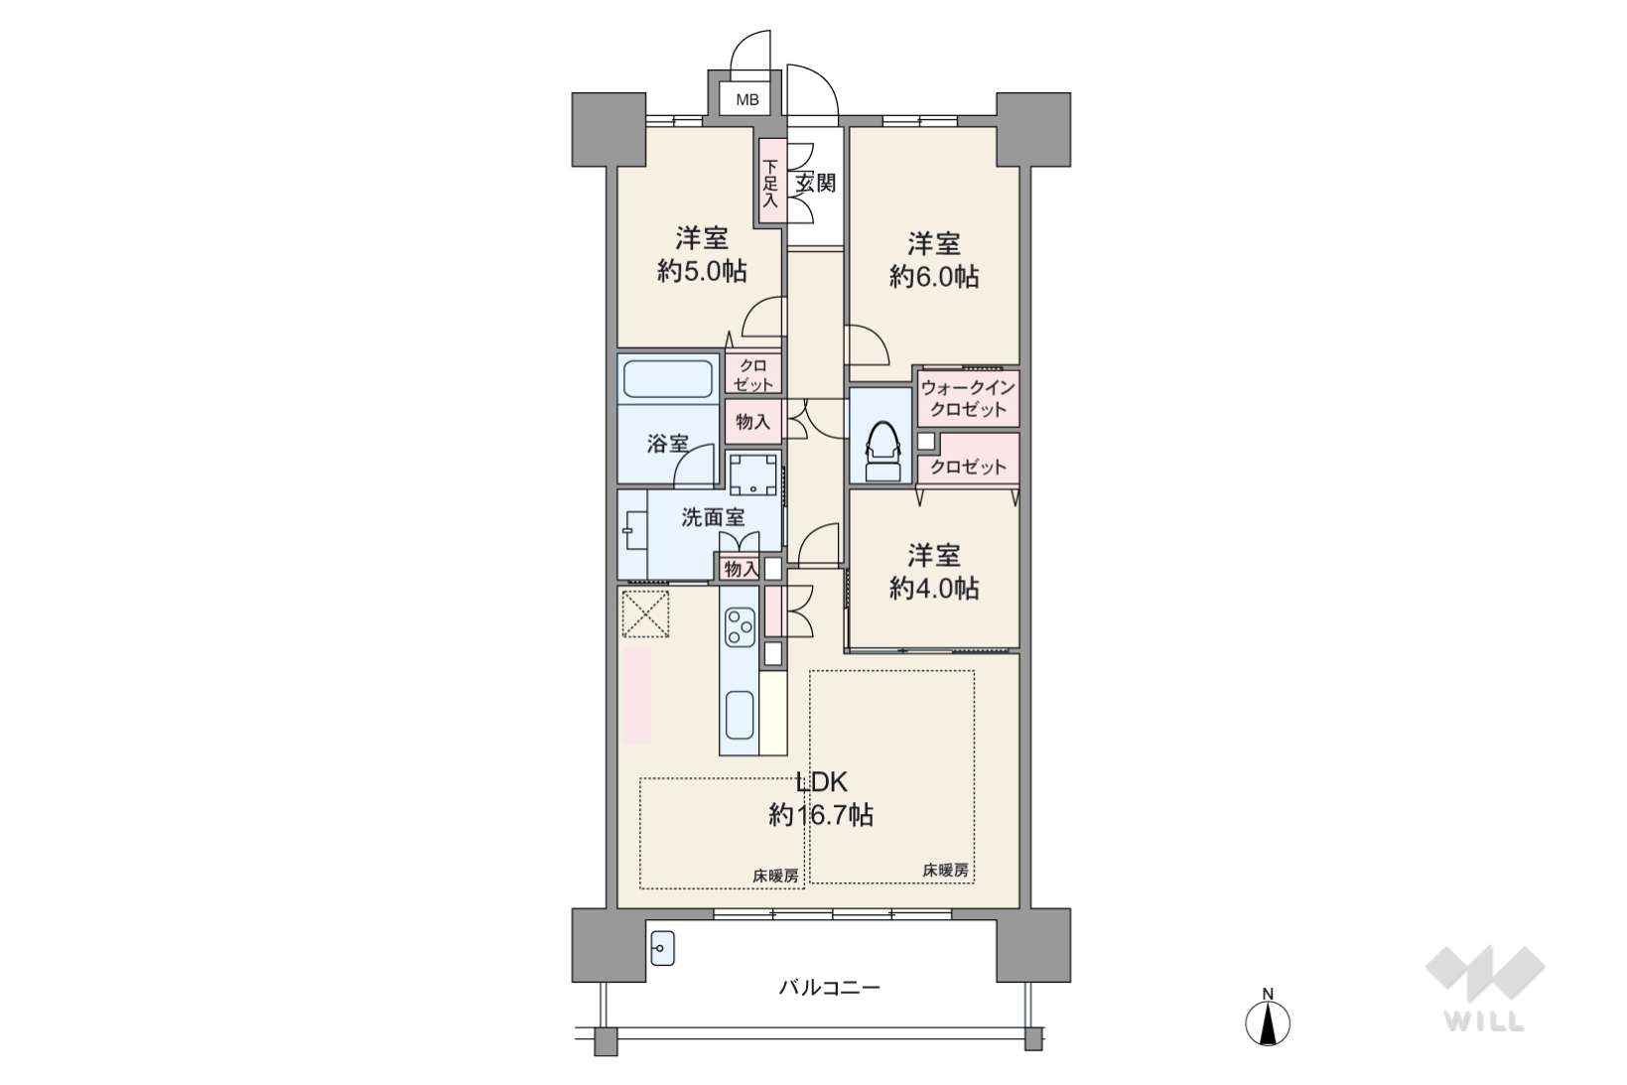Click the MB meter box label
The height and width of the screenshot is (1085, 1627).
[747, 100]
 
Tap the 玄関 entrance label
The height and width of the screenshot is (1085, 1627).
[815, 183]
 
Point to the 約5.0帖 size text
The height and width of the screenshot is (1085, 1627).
[702, 271]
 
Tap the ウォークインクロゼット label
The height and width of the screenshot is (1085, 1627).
[968, 399]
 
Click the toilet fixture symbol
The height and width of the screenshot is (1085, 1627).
[881, 450]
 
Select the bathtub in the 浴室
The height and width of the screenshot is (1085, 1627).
[667, 379]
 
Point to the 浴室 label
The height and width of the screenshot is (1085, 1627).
[667, 444]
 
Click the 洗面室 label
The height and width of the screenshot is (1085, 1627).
[713, 517]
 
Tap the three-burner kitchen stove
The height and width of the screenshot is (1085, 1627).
[740, 626]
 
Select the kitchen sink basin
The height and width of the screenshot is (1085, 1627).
[740, 714]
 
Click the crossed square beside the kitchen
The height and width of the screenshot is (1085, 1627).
[645, 612]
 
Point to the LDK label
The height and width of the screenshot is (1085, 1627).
[822, 782]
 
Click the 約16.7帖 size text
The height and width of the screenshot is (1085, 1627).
[822, 815]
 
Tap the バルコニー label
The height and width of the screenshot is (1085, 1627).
[830, 987]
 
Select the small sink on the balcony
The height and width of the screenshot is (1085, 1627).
[662, 948]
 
